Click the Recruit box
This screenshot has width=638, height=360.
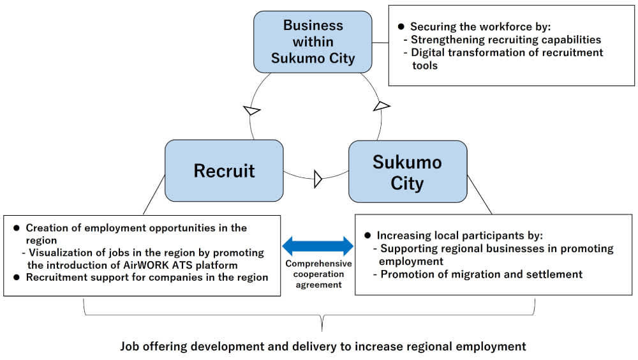pos(224,170)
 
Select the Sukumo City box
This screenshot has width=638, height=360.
pos(407,172)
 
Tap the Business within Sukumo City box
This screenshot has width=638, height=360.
pos(313,42)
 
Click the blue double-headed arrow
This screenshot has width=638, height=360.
pos(318,246)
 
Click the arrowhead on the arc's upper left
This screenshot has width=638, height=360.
pos(252,111)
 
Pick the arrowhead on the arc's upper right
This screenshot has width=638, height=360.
pos(381,105)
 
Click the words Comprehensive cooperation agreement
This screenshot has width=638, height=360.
pos(318,274)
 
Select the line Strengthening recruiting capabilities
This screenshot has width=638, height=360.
pos(506,40)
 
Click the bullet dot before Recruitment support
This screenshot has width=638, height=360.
pos(16,278)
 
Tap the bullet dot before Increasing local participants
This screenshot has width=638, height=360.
pos(367,235)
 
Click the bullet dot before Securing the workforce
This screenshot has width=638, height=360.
pos(401,27)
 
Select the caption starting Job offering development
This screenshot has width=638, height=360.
pos(323,347)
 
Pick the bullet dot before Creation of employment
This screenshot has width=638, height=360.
pos(16,228)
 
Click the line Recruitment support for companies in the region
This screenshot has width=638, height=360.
pos(147,278)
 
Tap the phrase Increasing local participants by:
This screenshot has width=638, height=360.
pos(459,235)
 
